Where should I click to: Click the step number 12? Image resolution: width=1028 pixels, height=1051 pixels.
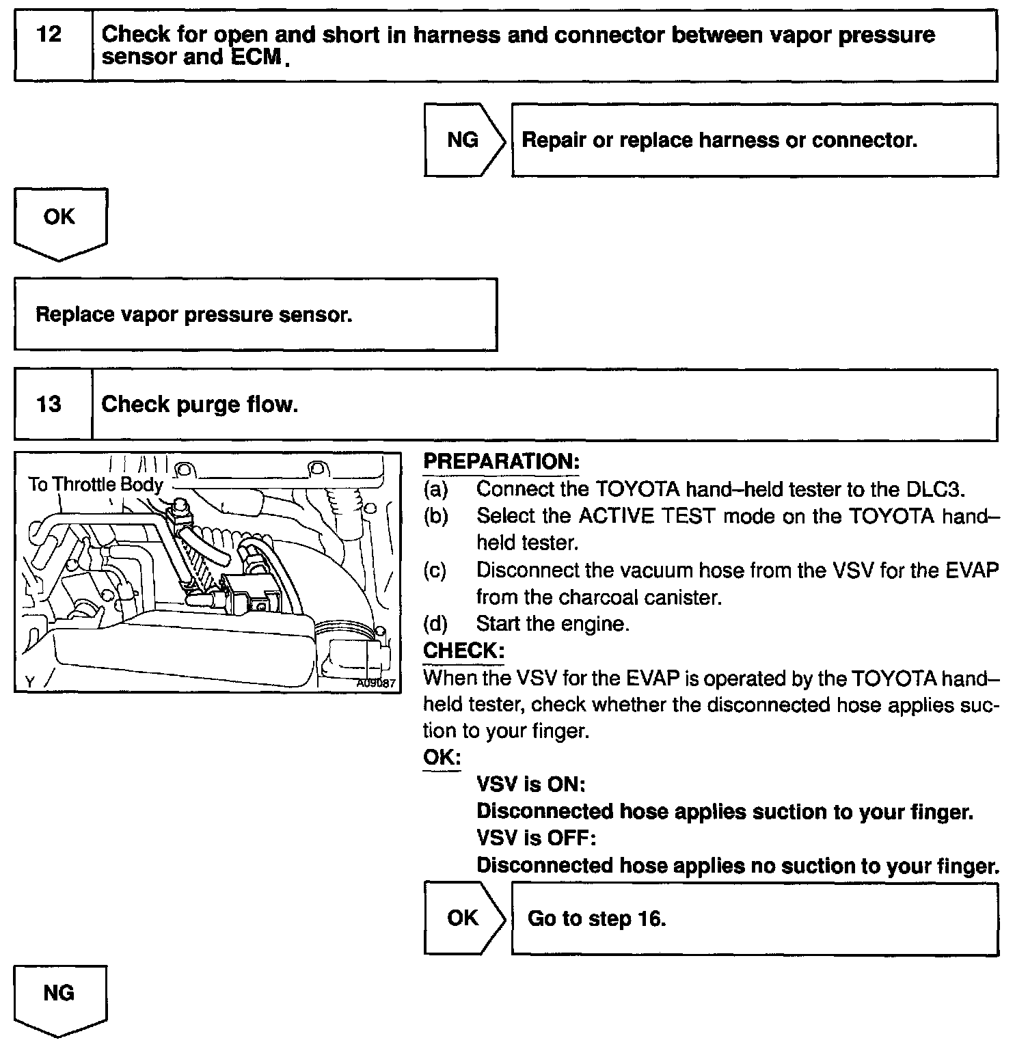(49, 34)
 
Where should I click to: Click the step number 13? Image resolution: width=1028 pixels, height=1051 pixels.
(49, 405)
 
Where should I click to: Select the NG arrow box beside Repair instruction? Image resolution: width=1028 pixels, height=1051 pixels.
(463, 140)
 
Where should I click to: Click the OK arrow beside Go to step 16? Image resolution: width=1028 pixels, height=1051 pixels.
(463, 918)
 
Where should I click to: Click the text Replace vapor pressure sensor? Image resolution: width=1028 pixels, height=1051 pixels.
(194, 315)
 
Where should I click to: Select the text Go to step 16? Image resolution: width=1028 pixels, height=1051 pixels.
(597, 918)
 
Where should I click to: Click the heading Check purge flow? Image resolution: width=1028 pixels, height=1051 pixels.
(200, 405)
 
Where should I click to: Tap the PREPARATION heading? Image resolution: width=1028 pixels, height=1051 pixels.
(501, 461)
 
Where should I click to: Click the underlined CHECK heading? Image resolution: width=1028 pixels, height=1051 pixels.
(463, 651)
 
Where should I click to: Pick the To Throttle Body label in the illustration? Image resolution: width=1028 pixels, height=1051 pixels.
(96, 485)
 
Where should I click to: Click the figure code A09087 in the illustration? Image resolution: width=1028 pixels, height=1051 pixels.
(376, 682)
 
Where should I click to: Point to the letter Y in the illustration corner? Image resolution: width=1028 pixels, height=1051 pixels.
(29, 681)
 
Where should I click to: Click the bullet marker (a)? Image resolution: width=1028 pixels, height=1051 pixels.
(435, 489)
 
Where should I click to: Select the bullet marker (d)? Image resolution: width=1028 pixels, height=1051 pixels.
(435, 624)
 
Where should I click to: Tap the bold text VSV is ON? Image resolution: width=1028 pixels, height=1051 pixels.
(530, 784)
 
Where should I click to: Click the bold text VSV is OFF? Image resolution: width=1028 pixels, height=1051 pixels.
(536, 838)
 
